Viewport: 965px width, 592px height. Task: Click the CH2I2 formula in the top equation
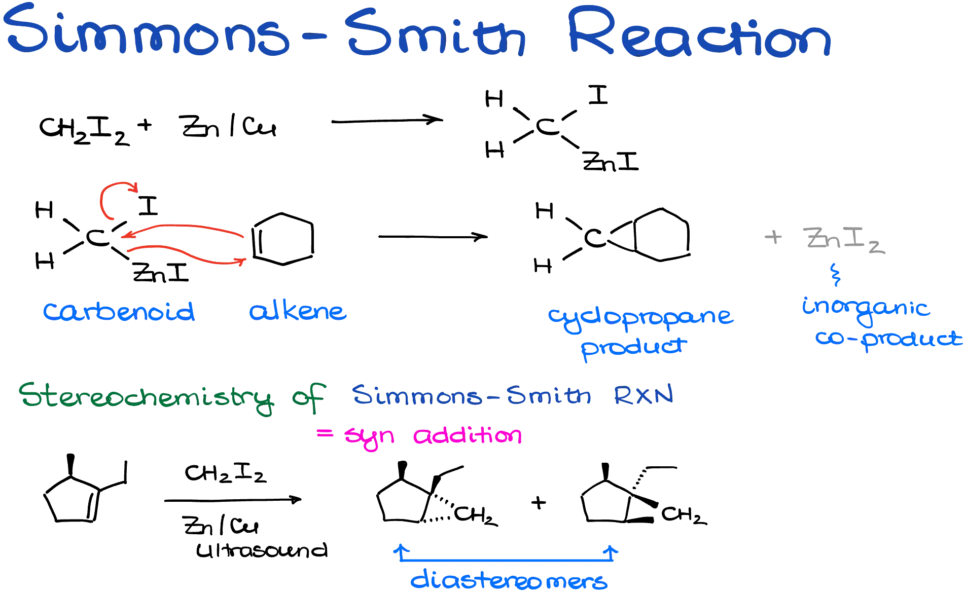point(84,130)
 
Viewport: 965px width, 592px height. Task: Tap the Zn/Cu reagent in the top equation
point(229,126)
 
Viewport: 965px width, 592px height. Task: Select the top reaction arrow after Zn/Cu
point(387,121)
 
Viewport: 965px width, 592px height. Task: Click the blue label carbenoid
point(119,311)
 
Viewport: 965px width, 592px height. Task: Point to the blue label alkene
point(298,310)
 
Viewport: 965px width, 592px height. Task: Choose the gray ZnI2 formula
point(844,239)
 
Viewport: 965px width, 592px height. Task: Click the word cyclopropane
point(641,318)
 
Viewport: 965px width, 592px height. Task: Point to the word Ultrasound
point(262,550)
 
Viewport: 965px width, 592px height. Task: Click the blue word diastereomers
point(509,580)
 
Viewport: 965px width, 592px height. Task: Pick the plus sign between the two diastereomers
point(539,502)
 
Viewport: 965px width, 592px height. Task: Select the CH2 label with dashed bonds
point(476,515)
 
